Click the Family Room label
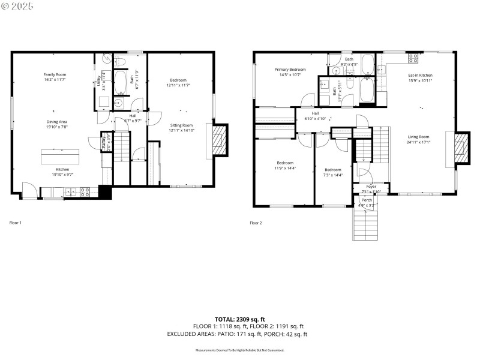(55, 74)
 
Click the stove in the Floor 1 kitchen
(85, 192)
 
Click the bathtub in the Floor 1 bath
(122, 82)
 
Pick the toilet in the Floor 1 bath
(119, 61)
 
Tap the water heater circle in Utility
(106, 58)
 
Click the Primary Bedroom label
(290, 70)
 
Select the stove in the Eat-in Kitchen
(413, 58)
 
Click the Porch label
(367, 200)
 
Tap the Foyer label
(371, 187)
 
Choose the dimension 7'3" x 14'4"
(332, 175)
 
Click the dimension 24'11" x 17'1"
(418, 142)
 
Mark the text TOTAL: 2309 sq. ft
(240, 319)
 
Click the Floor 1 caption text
(15, 223)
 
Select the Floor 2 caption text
(256, 223)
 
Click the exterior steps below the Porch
(366, 225)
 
